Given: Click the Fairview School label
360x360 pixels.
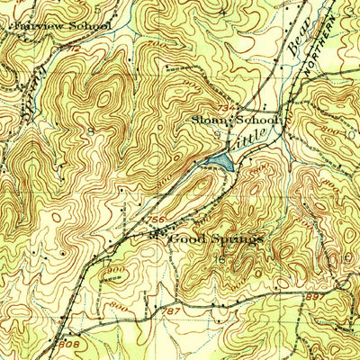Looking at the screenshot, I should point(61,26).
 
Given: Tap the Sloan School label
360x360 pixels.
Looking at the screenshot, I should point(237,119).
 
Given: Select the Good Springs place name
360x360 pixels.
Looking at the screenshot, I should point(216,239).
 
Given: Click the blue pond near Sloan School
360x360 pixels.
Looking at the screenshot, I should point(219,161).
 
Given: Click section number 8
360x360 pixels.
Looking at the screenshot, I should point(91,131).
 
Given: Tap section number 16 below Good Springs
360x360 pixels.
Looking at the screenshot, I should point(220,259).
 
